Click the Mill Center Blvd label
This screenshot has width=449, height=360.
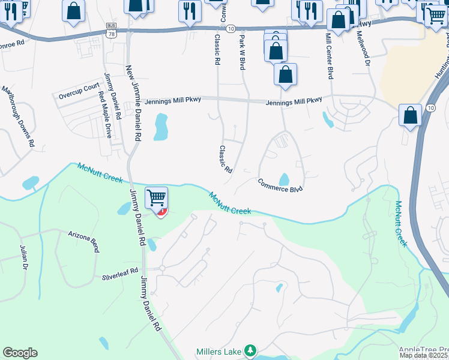(x=328, y=56)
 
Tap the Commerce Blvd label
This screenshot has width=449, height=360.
(x=280, y=185)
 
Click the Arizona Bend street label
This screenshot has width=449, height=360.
(x=83, y=241)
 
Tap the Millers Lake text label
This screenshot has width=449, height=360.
(x=219, y=351)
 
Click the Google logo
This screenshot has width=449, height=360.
(x=20, y=353)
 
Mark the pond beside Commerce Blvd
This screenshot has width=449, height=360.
(x=284, y=179)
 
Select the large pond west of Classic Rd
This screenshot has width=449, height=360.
(x=160, y=127)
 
